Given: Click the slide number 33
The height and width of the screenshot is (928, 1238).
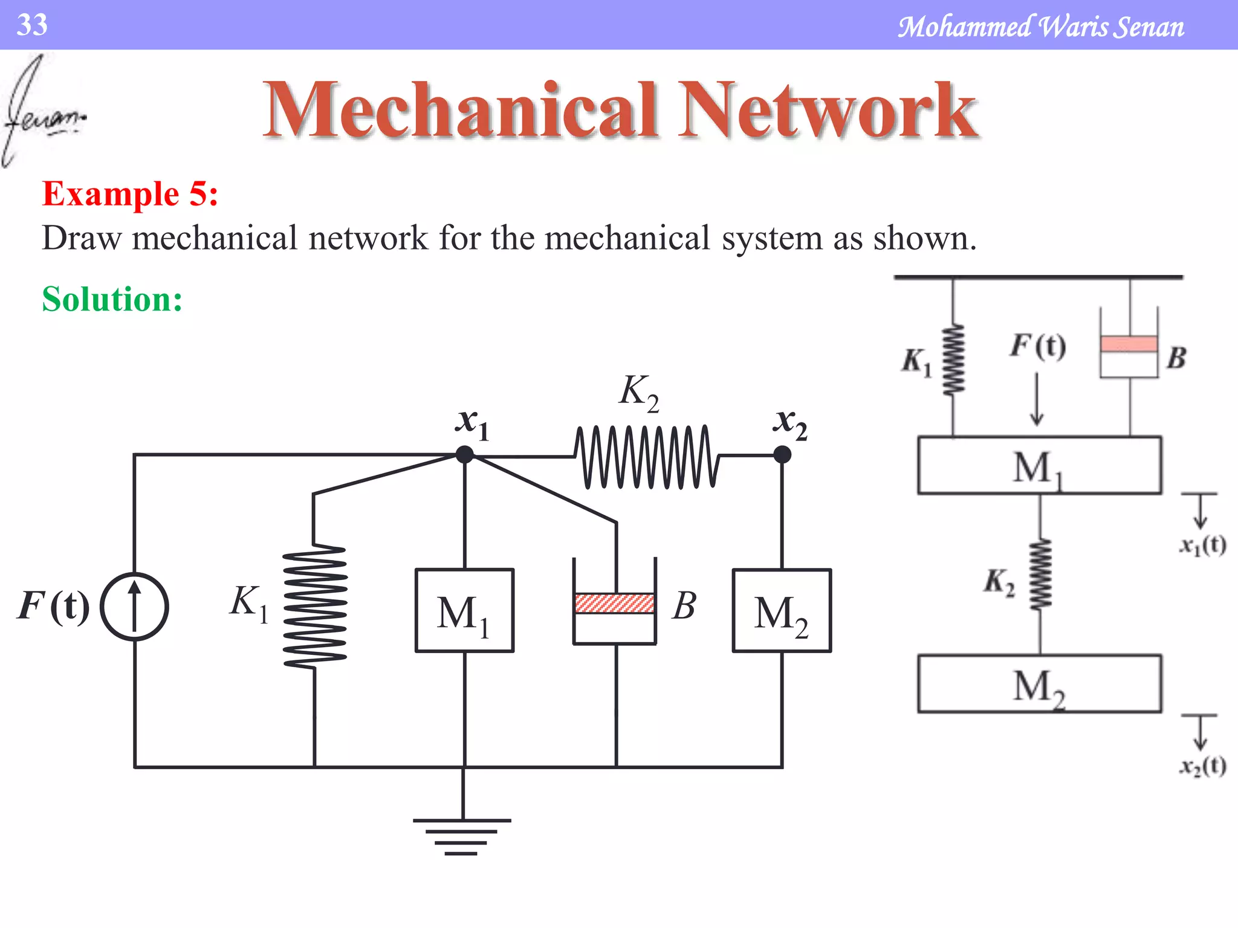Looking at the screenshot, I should tap(32, 25).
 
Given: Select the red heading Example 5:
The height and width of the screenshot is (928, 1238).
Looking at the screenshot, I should tap(130, 195).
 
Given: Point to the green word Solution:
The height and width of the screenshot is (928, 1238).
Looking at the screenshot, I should tap(112, 299).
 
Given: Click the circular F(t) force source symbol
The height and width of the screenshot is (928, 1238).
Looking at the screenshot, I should tap(134, 606).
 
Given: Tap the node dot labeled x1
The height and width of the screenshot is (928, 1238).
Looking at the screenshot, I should tap(464, 454).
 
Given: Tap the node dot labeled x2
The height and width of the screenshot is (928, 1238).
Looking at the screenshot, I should tap(782, 454).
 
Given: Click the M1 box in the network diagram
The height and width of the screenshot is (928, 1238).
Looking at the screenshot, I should tap(464, 610).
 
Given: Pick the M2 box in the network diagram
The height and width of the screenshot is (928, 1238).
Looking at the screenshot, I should tap(782, 610).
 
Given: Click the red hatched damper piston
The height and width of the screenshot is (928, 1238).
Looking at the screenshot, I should tap(614, 604).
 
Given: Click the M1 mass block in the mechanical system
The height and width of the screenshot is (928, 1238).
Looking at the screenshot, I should tap(1039, 465).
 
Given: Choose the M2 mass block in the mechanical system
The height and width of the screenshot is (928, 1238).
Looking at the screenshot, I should tap(1039, 684).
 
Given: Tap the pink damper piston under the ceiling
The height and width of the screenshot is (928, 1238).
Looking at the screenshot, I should tap(1129, 344).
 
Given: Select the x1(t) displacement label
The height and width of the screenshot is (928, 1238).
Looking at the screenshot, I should tap(1202, 546).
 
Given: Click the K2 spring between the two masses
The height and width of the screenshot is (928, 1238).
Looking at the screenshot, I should tap(1040, 574).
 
